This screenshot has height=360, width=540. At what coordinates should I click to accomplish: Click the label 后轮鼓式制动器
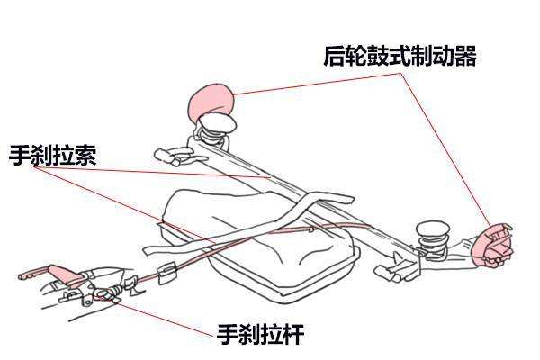(400, 56)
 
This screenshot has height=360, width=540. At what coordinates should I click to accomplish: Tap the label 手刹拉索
(51, 155)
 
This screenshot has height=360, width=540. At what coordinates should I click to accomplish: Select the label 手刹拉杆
(260, 335)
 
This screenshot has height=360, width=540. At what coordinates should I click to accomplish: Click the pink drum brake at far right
(496, 244)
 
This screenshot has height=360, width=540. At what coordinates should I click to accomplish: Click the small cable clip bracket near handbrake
(166, 273)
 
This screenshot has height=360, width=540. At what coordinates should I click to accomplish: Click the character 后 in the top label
(335, 56)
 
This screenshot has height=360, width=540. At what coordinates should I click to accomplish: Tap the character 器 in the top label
(464, 56)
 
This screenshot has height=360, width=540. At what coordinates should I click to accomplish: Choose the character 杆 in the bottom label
(292, 335)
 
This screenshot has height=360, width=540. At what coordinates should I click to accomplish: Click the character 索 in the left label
(84, 155)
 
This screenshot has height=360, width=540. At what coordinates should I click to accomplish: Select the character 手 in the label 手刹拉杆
(228, 335)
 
